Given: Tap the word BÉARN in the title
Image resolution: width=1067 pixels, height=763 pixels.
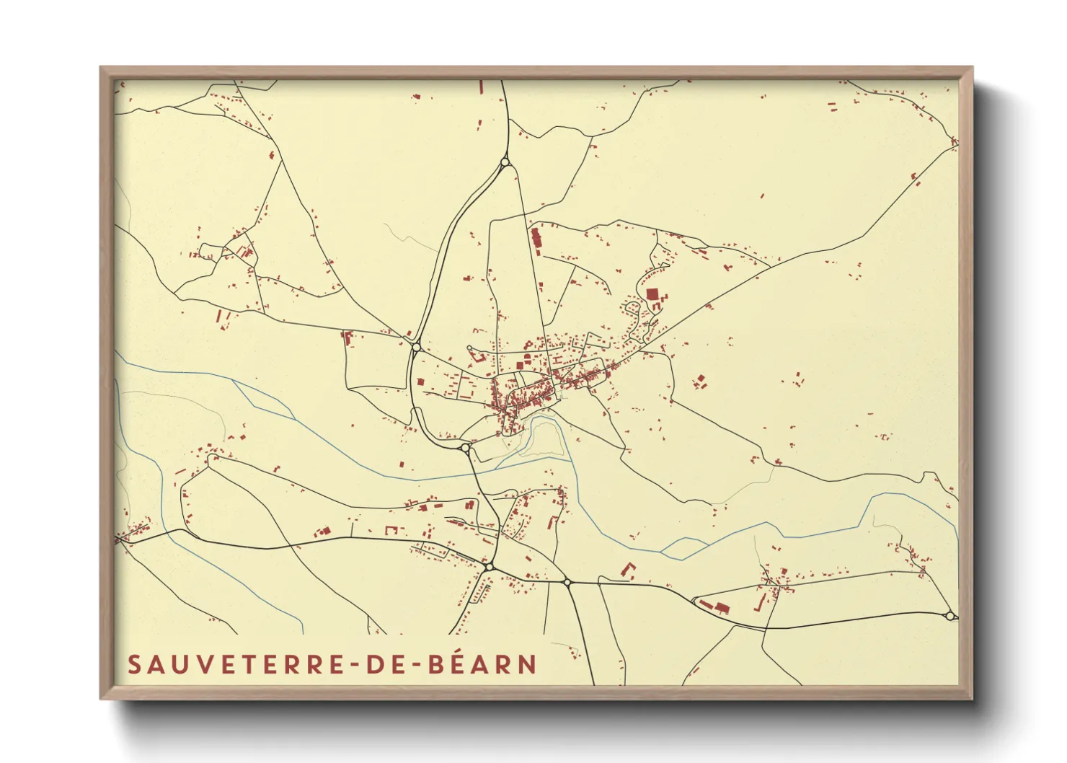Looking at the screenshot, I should (x=482, y=664).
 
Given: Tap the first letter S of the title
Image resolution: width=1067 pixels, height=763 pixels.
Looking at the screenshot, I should (x=134, y=664).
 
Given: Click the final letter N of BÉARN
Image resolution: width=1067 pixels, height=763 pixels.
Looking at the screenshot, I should (x=528, y=664).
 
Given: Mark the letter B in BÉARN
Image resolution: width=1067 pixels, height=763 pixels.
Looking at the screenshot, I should (x=436, y=664).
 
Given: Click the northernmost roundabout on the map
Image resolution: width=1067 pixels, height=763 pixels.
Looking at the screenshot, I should (x=505, y=162).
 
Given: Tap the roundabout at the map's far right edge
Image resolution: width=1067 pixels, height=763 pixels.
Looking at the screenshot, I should (x=950, y=615).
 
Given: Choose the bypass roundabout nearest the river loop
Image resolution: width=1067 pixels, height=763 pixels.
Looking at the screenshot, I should (x=465, y=448).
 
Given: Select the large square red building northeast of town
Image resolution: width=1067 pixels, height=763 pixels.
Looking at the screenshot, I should (x=652, y=294).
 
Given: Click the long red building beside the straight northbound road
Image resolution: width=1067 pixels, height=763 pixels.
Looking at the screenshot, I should (x=536, y=239).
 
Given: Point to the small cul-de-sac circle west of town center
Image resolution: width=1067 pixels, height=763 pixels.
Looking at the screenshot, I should (x=470, y=349).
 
